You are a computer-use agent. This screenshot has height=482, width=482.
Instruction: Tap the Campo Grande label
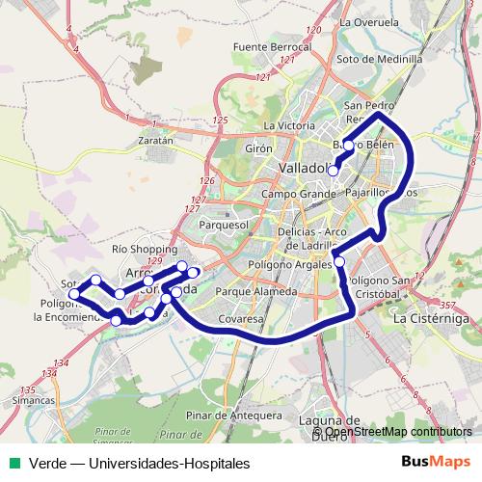tap(296, 194)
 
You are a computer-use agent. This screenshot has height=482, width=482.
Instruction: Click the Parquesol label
tap(224, 225)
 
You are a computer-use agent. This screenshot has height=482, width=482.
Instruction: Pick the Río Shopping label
tap(146, 249)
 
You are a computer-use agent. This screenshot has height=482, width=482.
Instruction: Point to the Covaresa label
tap(241, 317)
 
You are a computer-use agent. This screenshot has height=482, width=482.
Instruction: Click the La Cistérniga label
tap(431, 316)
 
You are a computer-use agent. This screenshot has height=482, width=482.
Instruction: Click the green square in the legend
tap(14, 464)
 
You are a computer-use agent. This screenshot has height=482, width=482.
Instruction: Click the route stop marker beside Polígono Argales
tap(339, 262)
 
